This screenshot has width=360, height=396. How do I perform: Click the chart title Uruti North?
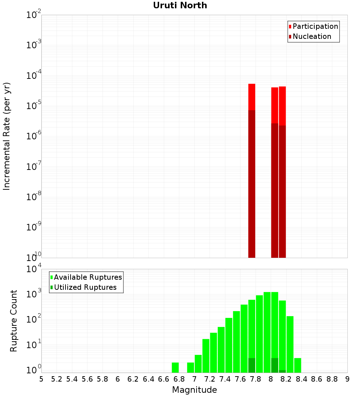pyautogui.click(x=180, y=6)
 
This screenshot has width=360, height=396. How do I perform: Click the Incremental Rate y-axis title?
pyautogui.click(x=7, y=136)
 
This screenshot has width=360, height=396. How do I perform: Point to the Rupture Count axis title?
pyautogui.click(x=14, y=320)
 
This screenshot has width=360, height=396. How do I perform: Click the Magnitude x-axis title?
pyautogui.click(x=194, y=390)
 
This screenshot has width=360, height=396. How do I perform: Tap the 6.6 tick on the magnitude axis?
pyautogui.click(x=164, y=379)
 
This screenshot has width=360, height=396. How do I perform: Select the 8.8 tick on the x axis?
pyautogui.click(x=332, y=379)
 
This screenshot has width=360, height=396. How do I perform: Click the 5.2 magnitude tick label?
pyautogui.click(x=57, y=379)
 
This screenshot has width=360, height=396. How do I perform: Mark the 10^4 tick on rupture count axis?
pyautogui.click(x=34, y=269)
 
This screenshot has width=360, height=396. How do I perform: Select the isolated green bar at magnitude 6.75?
pyautogui.click(x=175, y=368)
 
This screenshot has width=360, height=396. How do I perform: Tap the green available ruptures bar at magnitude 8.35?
pyautogui.click(x=297, y=365)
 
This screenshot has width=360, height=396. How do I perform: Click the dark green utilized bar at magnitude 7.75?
pyautogui.click(x=252, y=365)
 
